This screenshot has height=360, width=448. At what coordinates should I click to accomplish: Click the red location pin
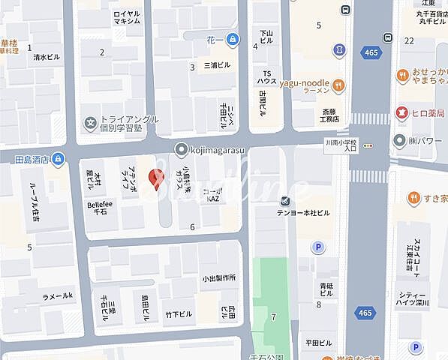tap(156, 178)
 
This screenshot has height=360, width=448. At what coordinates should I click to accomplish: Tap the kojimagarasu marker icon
tap(180, 148)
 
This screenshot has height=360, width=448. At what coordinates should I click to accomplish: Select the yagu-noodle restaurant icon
tap(340, 85)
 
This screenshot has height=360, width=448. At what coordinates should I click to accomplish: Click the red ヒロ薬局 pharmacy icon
tap(402, 113)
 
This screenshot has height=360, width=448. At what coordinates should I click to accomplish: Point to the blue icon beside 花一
tap(233, 38)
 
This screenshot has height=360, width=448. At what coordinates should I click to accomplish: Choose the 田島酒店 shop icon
tap(57, 159)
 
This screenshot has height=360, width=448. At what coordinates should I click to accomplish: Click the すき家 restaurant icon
tap(413, 198)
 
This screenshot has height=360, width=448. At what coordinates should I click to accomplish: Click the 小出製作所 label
tap(218, 278)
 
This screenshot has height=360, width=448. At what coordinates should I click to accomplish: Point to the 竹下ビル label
tap(179, 313)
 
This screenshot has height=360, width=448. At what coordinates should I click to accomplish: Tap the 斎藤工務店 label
tap(326, 114)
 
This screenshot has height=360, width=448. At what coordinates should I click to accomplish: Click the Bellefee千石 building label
tap(99, 208)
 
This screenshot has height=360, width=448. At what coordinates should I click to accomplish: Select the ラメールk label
tap(58, 296)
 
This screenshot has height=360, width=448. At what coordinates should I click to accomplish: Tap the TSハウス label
tap(266, 76)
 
